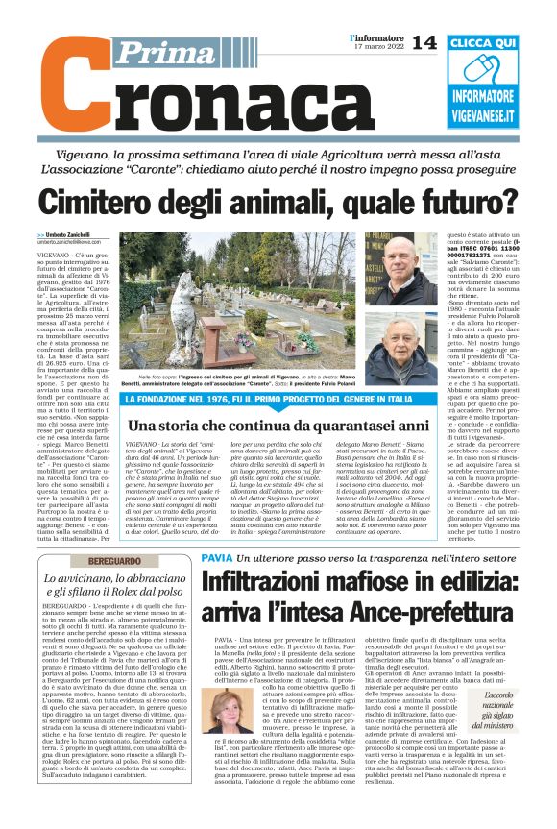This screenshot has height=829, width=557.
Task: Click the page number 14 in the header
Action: (424, 42)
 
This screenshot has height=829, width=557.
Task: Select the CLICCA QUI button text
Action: (495, 44)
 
